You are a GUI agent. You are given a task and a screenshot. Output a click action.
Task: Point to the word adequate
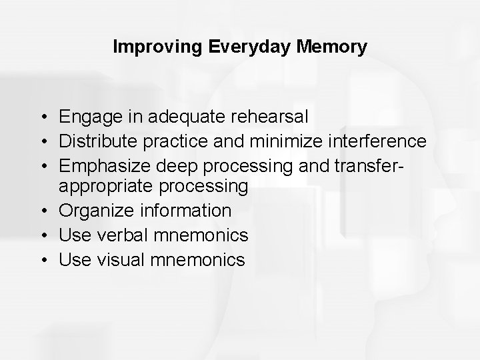(x=180, y=118)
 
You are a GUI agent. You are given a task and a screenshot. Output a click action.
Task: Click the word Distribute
(x=98, y=141)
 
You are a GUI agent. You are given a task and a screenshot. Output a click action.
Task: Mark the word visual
(x=119, y=259)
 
